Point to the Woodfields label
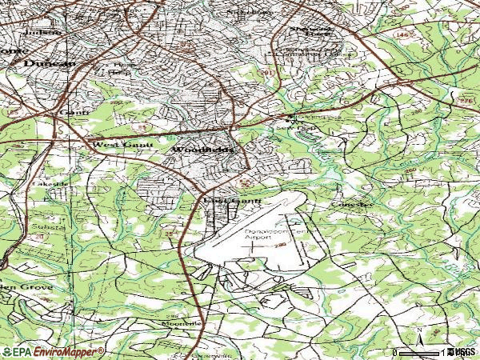click(x=203, y=150)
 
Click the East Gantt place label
click(x=232, y=200)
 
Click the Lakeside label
click(x=45, y=183)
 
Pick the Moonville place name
click(x=181, y=322)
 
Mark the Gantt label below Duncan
click(x=72, y=114)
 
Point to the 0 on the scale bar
click(x=396, y=352)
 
